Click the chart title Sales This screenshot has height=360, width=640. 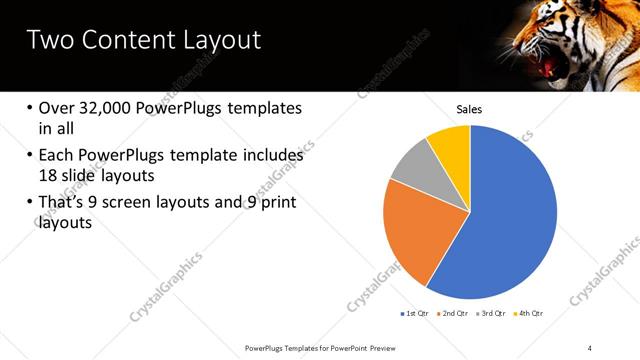click(x=470, y=108)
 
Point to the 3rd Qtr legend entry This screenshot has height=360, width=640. click(x=492, y=314)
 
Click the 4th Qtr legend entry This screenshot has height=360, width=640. click(x=530, y=314)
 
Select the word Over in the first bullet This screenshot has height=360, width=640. click(x=58, y=108)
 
